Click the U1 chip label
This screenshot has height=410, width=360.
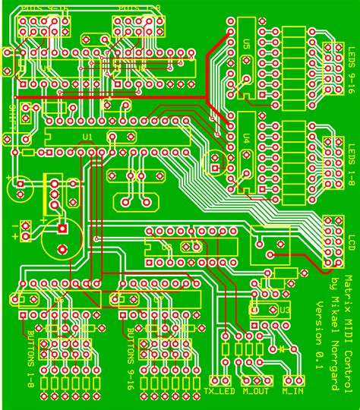tap(87, 137)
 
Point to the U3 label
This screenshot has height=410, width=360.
tap(285, 310)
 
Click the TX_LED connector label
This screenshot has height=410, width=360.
tap(219, 392)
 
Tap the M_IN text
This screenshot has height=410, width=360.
tap(294, 392)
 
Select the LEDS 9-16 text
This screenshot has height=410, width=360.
tap(351, 89)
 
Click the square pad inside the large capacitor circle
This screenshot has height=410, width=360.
tap(62, 228)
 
